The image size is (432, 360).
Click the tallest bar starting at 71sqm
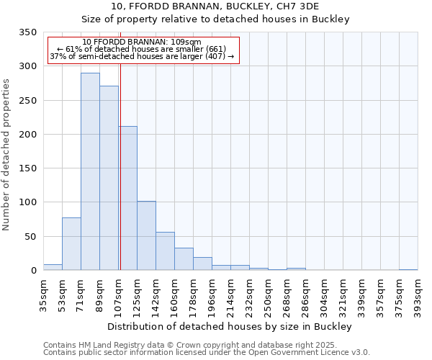tap(90, 171)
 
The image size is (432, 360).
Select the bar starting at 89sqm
tap(109, 178)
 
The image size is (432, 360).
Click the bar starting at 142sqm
tap(165, 251)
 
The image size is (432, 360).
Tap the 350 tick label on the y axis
tap(27, 32)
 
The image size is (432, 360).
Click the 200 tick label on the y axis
tap(27, 135)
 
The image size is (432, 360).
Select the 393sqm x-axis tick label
tap(418, 295)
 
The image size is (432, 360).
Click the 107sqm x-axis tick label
tap(118, 295)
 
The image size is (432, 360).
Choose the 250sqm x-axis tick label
tap(268, 295)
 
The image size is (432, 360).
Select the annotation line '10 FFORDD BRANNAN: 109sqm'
tap(142, 42)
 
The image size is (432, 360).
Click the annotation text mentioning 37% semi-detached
tap(142, 56)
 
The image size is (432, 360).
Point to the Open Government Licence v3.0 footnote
tap(206, 353)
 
